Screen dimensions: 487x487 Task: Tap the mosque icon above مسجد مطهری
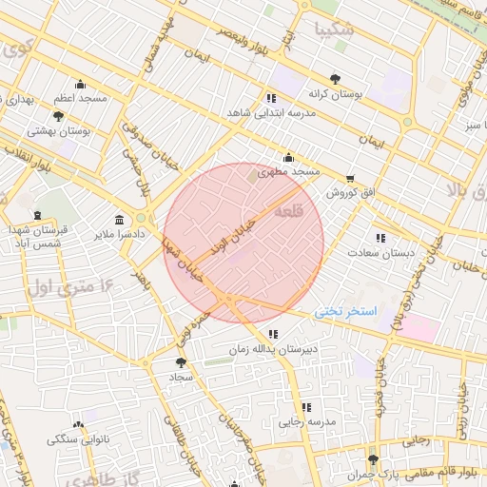click(288, 158)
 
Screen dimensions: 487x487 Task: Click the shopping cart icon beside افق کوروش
click(350, 178)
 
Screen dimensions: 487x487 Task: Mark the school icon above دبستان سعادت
click(380, 238)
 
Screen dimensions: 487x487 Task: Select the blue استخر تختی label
click(346, 311)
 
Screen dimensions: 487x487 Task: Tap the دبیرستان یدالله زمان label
click(269, 349)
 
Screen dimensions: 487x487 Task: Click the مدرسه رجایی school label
click(303, 420)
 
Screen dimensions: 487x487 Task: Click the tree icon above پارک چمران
click(372, 458)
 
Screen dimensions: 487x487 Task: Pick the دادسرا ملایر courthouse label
click(119, 232)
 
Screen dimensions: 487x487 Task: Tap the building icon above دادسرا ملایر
click(119, 218)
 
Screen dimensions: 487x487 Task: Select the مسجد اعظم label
click(81, 98)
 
